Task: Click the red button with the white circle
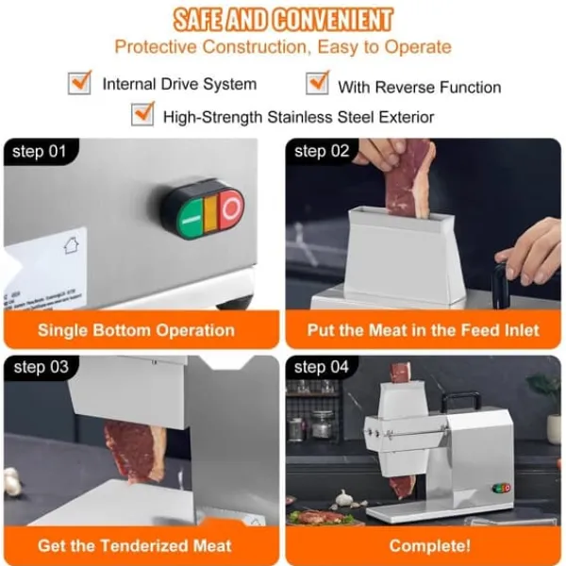click(x=231, y=208)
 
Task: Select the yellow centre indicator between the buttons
click(x=210, y=213)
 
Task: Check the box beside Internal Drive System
click(x=79, y=83)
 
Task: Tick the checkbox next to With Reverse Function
click(x=317, y=83)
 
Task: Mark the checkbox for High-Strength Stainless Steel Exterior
click(x=142, y=114)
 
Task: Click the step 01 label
click(x=39, y=152)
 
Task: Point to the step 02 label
click(x=322, y=152)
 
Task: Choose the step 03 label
click(x=41, y=368)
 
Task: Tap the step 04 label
click(x=322, y=368)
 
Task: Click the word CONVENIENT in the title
click(x=332, y=20)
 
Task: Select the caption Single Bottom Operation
click(x=137, y=330)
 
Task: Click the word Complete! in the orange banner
click(x=430, y=546)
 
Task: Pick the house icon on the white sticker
click(x=72, y=246)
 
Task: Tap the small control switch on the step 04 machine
click(x=502, y=488)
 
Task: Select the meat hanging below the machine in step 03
click(x=135, y=451)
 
